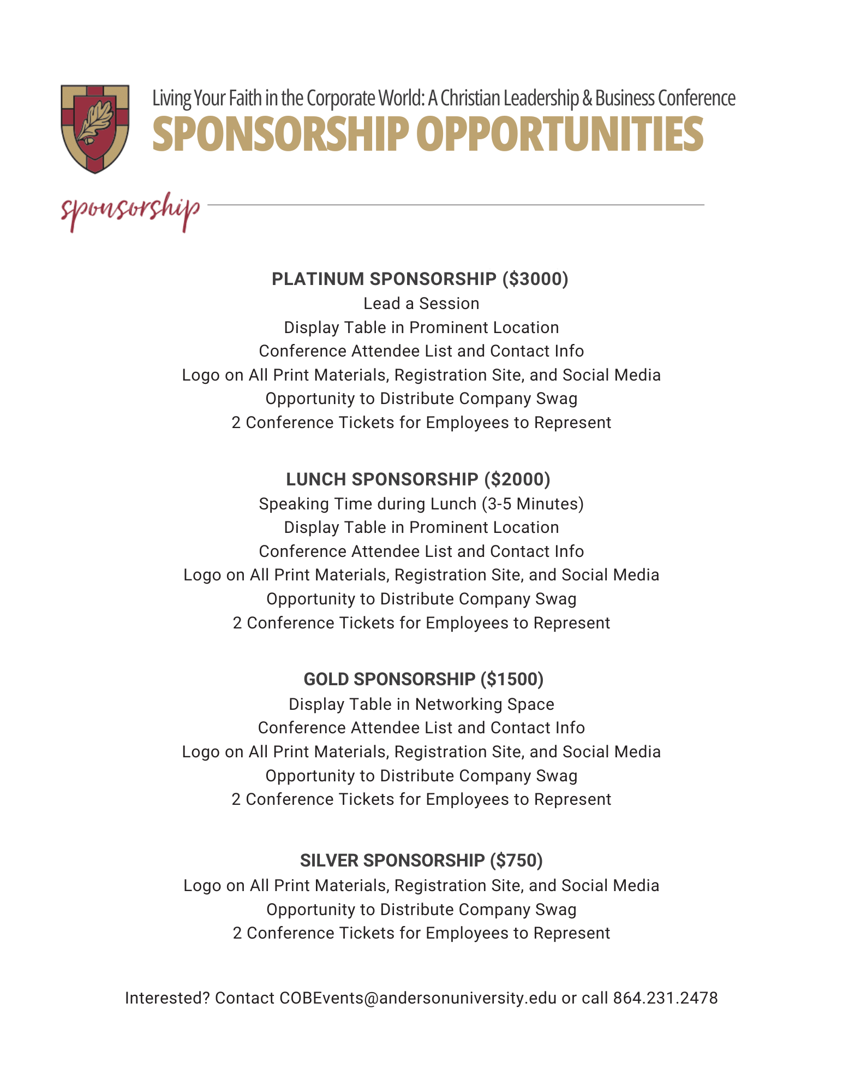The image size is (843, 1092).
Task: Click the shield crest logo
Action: click(x=95, y=129)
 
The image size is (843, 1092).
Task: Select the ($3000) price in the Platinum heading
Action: click(x=535, y=279)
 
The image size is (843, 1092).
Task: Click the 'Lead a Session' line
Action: click(x=421, y=304)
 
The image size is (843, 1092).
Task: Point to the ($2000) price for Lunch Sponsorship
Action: click(x=517, y=479)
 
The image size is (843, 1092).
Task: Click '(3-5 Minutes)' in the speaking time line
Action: click(x=533, y=503)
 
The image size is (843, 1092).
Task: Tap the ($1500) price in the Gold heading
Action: click(x=512, y=679)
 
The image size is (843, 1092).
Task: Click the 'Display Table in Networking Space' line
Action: click(x=421, y=704)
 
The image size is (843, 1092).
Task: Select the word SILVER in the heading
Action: click(x=329, y=860)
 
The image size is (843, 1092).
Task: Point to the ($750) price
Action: click(x=516, y=860)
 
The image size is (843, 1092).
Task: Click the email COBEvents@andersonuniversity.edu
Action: click(x=418, y=998)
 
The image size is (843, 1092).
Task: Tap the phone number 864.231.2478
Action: click(x=665, y=998)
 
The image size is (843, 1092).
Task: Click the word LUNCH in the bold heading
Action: click(x=316, y=479)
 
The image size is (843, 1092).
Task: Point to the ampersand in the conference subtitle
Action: click(x=587, y=98)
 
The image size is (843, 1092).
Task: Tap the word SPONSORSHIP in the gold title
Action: click(x=280, y=134)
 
